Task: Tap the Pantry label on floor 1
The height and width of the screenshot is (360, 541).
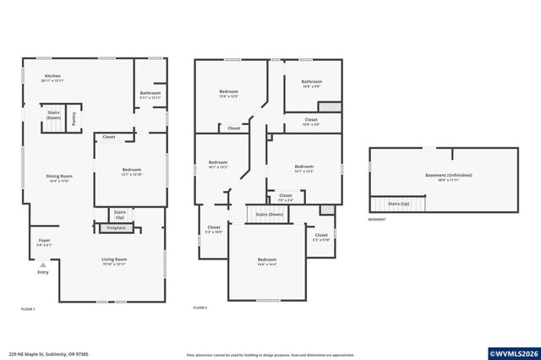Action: (74, 119)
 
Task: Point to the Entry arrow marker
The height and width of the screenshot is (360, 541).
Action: (43, 265)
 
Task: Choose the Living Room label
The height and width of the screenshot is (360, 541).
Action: (114, 259)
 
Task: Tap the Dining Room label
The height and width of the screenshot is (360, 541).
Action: (59, 177)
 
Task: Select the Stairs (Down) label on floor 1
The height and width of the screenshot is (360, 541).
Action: (53, 115)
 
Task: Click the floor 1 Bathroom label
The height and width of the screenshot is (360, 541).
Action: (150, 93)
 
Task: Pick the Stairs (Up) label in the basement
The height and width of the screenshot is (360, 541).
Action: (398, 204)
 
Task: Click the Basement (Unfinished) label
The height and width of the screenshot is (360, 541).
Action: (448, 176)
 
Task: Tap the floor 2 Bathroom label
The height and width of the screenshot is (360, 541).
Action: (311, 82)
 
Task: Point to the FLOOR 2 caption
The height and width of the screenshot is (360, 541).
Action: (199, 308)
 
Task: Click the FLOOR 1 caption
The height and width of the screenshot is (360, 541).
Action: (28, 309)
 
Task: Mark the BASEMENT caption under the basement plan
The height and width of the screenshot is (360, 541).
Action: (377, 220)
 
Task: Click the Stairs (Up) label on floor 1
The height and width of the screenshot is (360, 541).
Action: (120, 213)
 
